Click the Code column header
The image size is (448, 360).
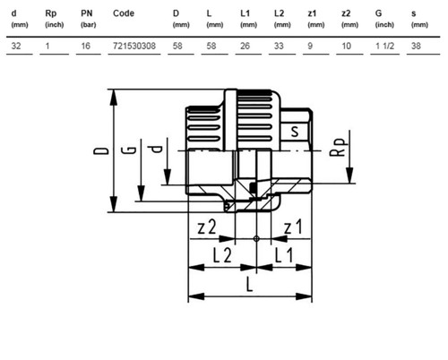[124, 13]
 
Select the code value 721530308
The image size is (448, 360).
[134, 46]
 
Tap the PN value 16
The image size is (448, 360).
[86, 46]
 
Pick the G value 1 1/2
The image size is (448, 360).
[384, 46]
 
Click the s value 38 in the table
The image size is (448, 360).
[416, 46]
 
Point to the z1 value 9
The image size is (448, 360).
[310, 46]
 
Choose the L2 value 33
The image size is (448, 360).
[279, 46]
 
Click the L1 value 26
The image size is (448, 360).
[245, 46]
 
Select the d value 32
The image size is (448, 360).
[16, 46]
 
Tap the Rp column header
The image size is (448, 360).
[51, 13]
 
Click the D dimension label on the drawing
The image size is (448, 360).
[101, 150]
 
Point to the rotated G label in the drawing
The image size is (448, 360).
[129, 150]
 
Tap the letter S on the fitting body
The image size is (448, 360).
[295, 132]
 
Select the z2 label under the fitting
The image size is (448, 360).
[207, 227]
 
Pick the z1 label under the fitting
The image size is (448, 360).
[293, 227]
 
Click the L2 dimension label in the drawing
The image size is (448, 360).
[222, 255]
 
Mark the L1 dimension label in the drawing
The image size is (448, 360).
[284, 255]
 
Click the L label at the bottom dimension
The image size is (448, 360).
[249, 284]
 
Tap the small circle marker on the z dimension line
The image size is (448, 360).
[256, 238]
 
